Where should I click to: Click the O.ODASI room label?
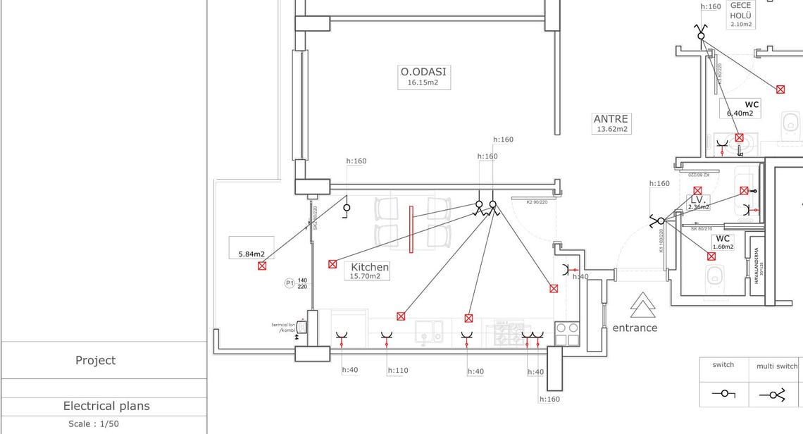423,72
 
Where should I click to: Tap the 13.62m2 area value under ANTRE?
611,129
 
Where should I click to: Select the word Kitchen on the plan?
370,267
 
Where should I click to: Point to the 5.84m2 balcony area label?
251,254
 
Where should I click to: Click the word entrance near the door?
635,328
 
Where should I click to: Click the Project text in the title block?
95,360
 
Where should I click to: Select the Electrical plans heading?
106,406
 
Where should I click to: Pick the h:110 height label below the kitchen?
398,371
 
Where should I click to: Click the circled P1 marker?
290,283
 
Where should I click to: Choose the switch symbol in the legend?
723,394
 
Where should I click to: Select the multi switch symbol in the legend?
773,395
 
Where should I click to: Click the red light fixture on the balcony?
262,266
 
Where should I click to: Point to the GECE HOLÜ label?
740,11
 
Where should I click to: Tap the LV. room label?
697,200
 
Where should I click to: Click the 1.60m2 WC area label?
723,247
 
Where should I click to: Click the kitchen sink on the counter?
428,332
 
